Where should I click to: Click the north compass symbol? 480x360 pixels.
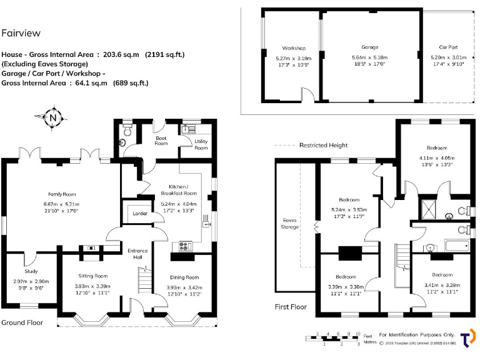(x=54, y=117)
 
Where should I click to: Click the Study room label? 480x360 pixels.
(x=31, y=271)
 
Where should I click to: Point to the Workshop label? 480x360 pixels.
(x=293, y=48)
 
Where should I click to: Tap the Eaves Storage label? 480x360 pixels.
(x=289, y=223)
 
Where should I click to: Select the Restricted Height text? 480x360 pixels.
(x=323, y=146)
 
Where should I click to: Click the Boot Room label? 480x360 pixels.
(x=161, y=141)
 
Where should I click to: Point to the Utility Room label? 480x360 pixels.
(x=201, y=144)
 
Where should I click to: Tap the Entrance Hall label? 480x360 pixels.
(x=137, y=254)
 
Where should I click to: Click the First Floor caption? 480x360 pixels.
(x=291, y=307)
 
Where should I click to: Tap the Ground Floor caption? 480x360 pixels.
(x=22, y=322)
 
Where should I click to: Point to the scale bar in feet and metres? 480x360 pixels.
(x=338, y=338)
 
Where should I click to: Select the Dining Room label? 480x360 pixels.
(x=184, y=277)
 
